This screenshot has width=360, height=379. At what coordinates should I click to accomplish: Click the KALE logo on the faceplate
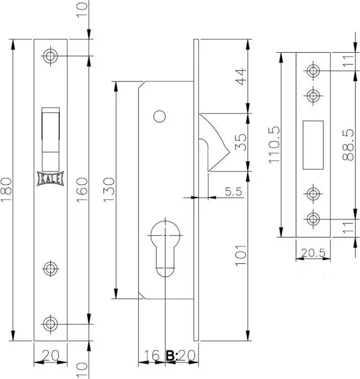coord(51,179)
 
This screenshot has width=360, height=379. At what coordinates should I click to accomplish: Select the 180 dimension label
coord(6,190)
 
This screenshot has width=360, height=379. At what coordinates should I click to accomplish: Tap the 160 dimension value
coord(81,190)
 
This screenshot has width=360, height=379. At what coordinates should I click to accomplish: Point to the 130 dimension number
coord(109,190)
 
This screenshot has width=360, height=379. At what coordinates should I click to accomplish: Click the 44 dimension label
coord(241,77)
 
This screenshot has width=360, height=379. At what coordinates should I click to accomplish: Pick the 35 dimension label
coord(241,142)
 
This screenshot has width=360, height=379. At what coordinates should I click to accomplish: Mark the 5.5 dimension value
coord(233,191)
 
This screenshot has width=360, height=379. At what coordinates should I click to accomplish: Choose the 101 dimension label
coord(241,255)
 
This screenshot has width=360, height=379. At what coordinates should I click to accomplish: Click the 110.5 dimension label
coord(274,144)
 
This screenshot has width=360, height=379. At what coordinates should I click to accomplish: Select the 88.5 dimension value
coord(348,145)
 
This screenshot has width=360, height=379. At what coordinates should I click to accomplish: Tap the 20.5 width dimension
coord(314,253)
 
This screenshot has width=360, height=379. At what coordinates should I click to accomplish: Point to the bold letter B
coord(171,356)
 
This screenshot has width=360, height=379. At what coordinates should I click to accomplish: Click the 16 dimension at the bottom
coord(152,355)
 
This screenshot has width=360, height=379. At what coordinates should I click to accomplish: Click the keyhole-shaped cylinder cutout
coord(165,248)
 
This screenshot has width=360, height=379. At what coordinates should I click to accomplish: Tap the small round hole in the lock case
coord(160,117)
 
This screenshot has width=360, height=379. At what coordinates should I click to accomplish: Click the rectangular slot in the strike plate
coord(313,145)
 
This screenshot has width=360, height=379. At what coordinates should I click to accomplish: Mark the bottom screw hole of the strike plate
coord(313,219)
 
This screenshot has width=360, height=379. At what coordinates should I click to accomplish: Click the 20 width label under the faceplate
coord(50,355)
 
